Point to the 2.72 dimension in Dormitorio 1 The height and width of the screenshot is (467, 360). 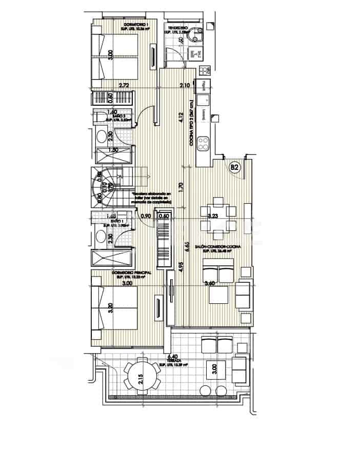[x=123, y=85]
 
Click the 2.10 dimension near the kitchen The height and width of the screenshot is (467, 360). [x=185, y=85]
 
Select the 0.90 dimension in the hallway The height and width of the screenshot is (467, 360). [x=146, y=216]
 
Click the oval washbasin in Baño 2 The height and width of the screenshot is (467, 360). [x=103, y=136]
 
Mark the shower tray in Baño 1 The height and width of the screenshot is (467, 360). [x=113, y=259]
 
